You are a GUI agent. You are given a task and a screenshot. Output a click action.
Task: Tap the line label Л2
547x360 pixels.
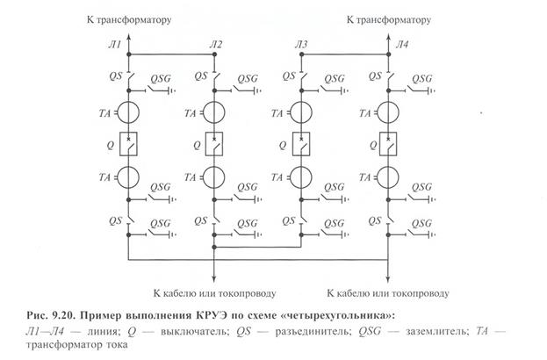pyautogui.click(x=216, y=44)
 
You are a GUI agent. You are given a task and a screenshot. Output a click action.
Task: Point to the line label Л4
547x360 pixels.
pyautogui.click(x=401, y=44)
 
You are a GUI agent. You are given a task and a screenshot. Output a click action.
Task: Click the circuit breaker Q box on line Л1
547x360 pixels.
pyautogui.click(x=129, y=142)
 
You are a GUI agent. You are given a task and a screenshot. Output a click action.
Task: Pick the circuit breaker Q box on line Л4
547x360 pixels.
pyautogui.click(x=387, y=142)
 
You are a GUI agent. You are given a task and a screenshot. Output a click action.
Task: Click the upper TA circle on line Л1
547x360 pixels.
pyautogui.click(x=129, y=112)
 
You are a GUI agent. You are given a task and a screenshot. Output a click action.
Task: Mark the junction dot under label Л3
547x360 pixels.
pyautogui.click(x=301, y=55)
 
